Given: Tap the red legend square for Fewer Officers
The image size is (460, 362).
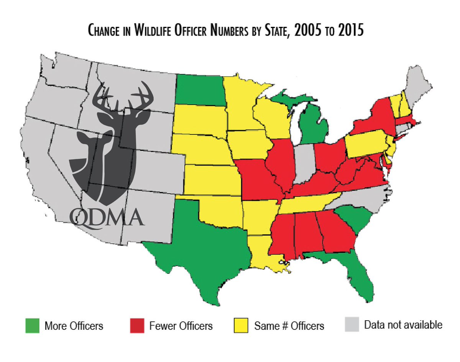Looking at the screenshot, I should pos(137,326).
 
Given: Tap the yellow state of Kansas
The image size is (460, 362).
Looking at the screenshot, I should pos(213,180).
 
